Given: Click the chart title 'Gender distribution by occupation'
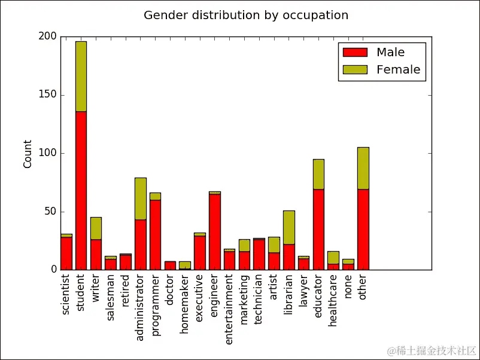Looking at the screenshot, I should pos(246,15).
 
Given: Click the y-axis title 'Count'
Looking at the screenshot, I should pos(28,154).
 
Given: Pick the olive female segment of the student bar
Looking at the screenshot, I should pos(81,76).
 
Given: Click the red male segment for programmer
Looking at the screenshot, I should pos(155,234).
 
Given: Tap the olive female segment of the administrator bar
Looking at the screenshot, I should pos(140,199).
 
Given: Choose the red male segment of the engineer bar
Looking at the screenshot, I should pos(214,231).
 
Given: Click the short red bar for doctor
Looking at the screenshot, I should pos(170,266).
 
